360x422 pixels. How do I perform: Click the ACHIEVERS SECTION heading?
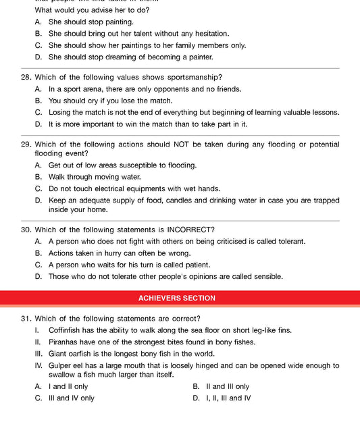(x=177, y=298)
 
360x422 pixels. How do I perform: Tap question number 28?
(x=26, y=77)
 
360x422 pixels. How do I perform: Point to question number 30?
(x=26, y=230)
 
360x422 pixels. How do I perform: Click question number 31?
(x=26, y=319)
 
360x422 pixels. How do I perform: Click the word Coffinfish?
(x=68, y=330)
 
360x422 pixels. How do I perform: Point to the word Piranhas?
(x=66, y=342)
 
